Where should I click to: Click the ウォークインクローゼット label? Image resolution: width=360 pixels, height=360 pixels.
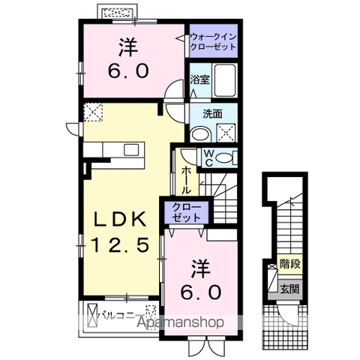211,40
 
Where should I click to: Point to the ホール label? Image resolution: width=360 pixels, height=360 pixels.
184,180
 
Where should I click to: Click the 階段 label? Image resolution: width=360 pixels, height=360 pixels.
289,264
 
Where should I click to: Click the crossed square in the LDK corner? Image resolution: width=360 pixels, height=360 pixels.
94,113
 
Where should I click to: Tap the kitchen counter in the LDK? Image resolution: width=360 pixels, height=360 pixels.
116,149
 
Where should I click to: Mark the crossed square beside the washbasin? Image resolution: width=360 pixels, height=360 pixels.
226,133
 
